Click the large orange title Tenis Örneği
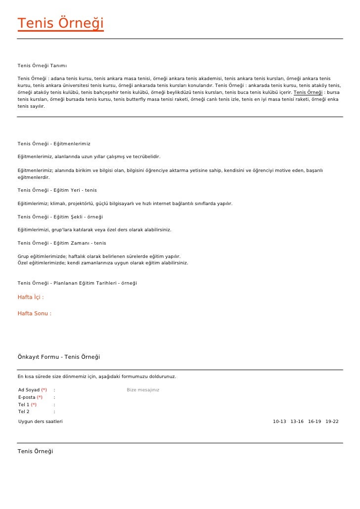point(60,24)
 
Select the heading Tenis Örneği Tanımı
point(42,66)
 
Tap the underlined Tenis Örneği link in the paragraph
point(308,92)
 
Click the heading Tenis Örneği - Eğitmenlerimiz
point(54,144)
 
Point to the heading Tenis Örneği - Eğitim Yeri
point(57,190)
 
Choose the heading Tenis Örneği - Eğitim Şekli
point(60,217)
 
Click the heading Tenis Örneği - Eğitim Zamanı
point(61,243)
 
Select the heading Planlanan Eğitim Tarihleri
point(77,283)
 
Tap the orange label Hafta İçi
point(31,297)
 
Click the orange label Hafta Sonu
point(34,313)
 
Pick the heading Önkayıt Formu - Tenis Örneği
point(59,357)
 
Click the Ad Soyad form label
point(29,390)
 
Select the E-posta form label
point(27,397)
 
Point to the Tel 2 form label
point(24,412)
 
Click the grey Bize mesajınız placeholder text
point(143,390)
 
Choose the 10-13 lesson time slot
point(279,422)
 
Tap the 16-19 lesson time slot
point(315,422)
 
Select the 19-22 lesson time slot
point(332,422)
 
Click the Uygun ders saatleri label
point(41,422)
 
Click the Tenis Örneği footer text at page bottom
point(35,451)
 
